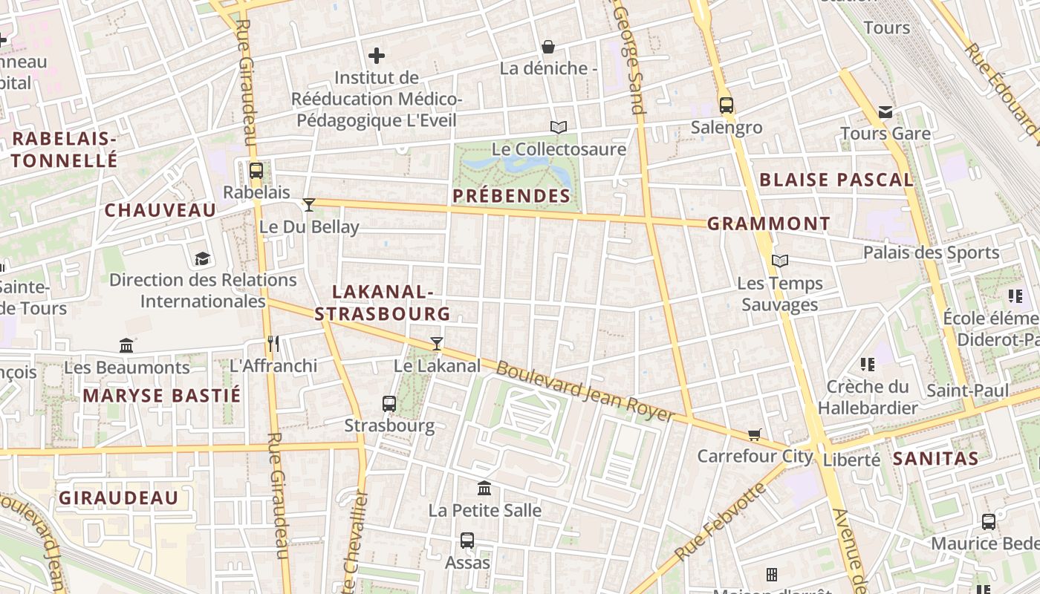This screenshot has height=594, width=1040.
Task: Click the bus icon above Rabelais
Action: coord(256,171)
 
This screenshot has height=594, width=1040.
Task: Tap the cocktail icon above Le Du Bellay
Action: coord(309,205)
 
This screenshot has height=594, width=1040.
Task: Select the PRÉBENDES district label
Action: coord(511,197)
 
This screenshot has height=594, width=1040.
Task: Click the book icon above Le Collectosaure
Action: coord(558,128)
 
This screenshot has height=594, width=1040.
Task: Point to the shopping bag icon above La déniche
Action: coord(548,48)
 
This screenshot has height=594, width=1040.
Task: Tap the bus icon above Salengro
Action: coord(726,105)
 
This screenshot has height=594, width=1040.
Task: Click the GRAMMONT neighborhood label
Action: coord(768,223)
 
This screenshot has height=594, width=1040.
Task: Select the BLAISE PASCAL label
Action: coord(836,180)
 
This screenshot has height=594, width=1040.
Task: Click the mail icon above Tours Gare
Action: coord(885,112)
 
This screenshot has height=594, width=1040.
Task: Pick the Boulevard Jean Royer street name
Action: coord(585,391)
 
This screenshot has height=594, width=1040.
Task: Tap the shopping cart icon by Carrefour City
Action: coord(755,434)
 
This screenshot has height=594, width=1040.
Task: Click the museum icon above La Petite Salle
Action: coord(484,489)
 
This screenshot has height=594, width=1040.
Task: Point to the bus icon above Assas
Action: coord(467,541)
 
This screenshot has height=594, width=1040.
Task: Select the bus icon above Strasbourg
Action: coord(389,404)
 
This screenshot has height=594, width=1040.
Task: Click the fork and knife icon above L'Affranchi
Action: coord(273,343)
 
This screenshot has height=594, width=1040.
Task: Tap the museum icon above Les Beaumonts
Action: coord(126,345)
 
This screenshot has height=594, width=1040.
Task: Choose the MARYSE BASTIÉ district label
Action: coord(161,396)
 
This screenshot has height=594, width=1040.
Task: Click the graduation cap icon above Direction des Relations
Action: coord(202,258)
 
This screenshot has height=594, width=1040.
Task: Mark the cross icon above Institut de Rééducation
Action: coord(377,56)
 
